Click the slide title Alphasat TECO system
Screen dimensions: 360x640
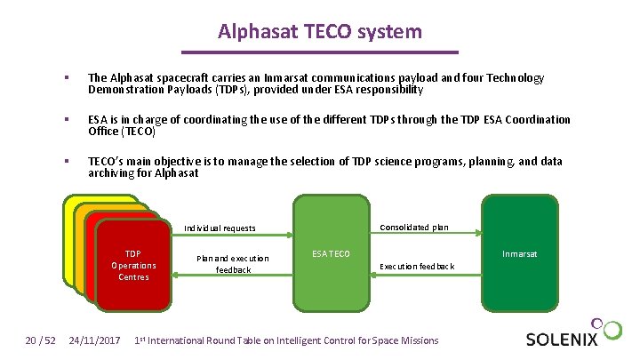pyautogui.click(x=320, y=33)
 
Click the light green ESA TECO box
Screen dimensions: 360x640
pyautogui.click(x=332, y=254)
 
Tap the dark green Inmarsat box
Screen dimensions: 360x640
pyautogui.click(x=518, y=254)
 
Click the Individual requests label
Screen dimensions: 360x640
pyautogui.click(x=219, y=228)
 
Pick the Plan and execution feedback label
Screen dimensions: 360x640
pyautogui.click(x=233, y=263)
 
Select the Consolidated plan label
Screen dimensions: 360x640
pyautogui.click(x=413, y=228)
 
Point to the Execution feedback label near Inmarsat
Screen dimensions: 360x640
pyautogui.click(x=417, y=266)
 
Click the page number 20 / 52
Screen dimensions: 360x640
pyautogui.click(x=40, y=340)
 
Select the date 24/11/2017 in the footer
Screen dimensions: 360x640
pyautogui.click(x=95, y=340)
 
